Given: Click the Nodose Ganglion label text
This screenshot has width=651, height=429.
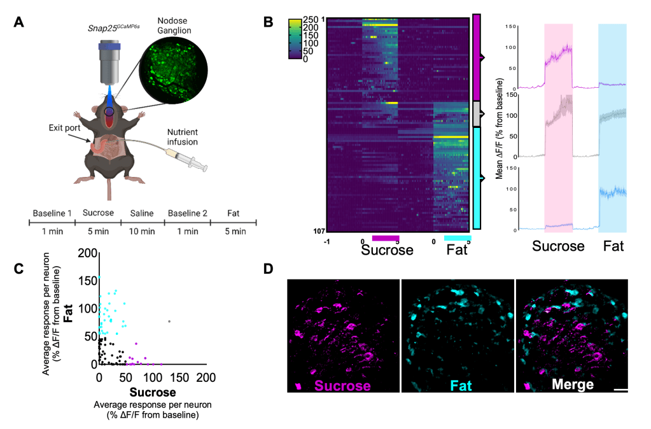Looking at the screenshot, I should coord(171,25).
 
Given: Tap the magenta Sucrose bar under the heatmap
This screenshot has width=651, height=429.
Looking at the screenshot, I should coord(385,239).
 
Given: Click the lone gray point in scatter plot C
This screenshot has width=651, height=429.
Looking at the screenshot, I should coord(169,321).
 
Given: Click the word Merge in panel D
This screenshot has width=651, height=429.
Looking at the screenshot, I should coord(573,385).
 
